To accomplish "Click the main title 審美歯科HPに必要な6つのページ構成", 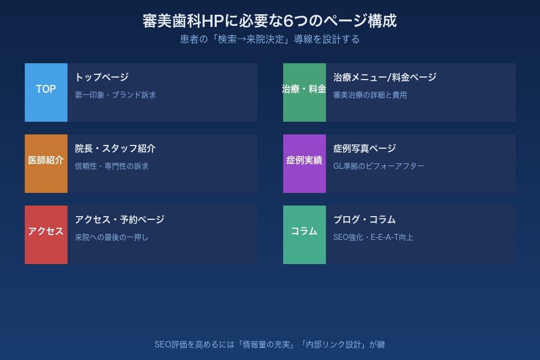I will pos(269,21).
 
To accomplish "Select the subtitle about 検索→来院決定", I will pos(269,40).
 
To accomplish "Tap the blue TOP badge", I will pos(46,90).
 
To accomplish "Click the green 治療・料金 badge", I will pos(304,90).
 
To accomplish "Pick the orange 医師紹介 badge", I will pos(46,161).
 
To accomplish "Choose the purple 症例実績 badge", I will pos(304,161).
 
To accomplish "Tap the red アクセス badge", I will pos(46,231).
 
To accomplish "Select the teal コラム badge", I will pos(304,231).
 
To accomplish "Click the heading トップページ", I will pos(102,77).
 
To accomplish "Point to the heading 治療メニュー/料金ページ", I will pos(385,77).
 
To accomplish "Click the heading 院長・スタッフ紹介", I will pos(115,149).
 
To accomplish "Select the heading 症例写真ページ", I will pos(364,149).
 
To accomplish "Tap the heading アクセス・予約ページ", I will pos(120,220).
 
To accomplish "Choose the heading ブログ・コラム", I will pos(364,220).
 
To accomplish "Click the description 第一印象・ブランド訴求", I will pos(115,95).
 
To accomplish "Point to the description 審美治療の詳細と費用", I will pos(370,95).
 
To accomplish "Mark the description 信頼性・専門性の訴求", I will pos(112,167).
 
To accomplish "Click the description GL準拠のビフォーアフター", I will pos(379,167).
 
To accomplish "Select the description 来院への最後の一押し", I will pos(112,238).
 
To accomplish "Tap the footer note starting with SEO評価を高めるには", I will pos(269,345).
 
